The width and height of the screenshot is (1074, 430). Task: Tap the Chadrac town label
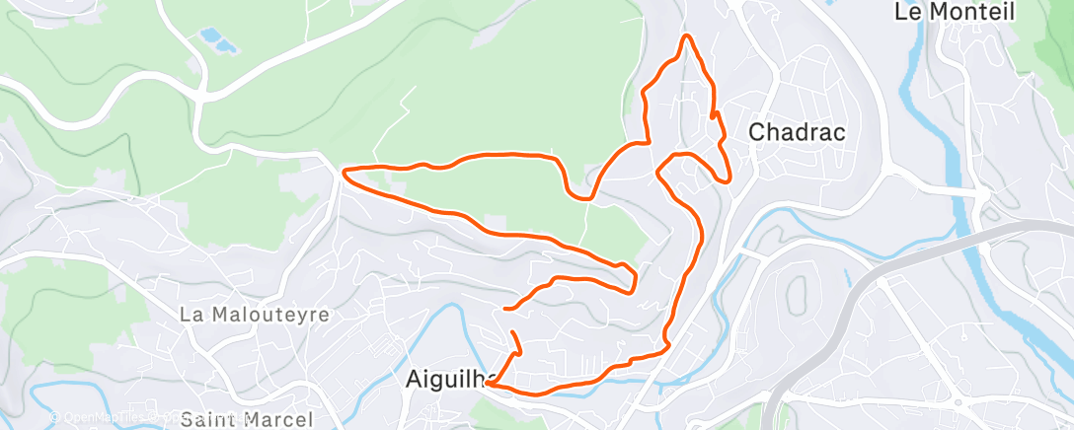point(797,131)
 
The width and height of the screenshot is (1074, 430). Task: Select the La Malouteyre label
point(255,315)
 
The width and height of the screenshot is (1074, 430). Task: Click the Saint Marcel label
point(248,419)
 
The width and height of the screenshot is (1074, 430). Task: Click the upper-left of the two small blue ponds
point(209,36)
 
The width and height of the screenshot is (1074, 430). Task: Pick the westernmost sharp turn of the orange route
point(344,173)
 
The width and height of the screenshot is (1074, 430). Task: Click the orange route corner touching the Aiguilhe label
point(489,385)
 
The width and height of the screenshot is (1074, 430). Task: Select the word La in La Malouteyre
point(191,315)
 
